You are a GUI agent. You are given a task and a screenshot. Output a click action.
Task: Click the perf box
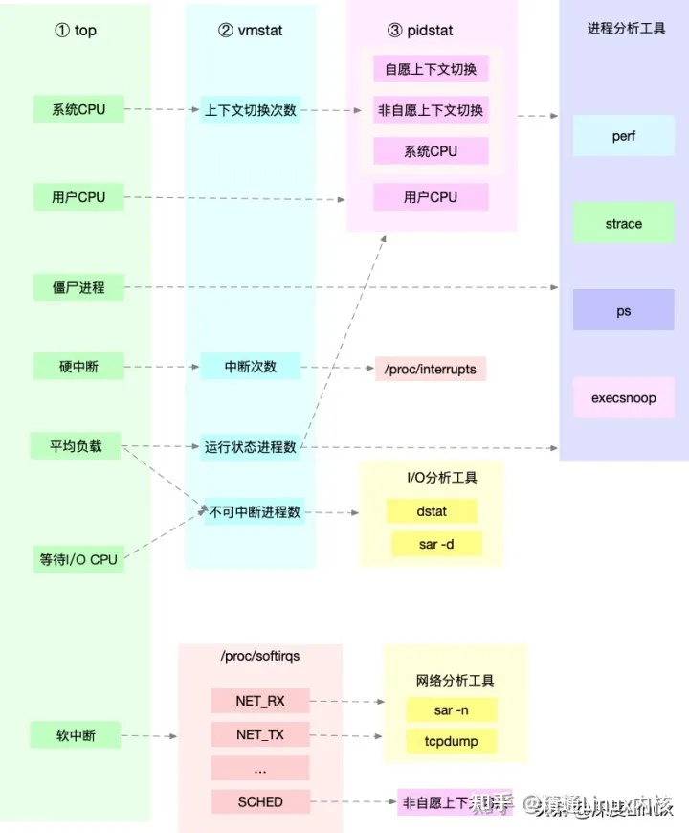click(x=623, y=136)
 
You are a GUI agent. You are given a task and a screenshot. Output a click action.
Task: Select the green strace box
click(x=623, y=224)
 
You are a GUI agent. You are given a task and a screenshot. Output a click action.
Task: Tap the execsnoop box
click(x=623, y=398)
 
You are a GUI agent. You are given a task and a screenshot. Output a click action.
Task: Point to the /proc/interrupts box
click(x=431, y=369)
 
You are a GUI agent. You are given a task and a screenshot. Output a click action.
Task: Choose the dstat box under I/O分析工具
click(x=432, y=511)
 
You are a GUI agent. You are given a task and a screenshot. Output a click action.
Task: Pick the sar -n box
click(x=451, y=709)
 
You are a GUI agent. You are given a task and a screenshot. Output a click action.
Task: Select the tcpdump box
click(x=451, y=741)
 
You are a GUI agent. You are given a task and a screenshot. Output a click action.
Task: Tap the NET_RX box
click(x=260, y=701)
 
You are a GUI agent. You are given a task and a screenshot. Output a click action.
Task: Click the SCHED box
click(x=260, y=801)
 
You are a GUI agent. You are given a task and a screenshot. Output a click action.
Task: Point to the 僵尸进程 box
click(x=78, y=286)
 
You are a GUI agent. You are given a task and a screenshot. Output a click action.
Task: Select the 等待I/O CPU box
click(x=78, y=559)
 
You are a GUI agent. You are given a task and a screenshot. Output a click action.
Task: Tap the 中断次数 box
click(x=251, y=366)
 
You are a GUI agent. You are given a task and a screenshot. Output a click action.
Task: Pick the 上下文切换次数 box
click(x=251, y=110)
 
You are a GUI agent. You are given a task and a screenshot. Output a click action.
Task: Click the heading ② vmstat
click(x=251, y=31)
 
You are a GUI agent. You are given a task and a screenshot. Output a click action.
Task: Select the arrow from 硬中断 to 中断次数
click(x=162, y=367)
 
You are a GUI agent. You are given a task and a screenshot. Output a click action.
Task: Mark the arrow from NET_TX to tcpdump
click(x=347, y=736)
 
